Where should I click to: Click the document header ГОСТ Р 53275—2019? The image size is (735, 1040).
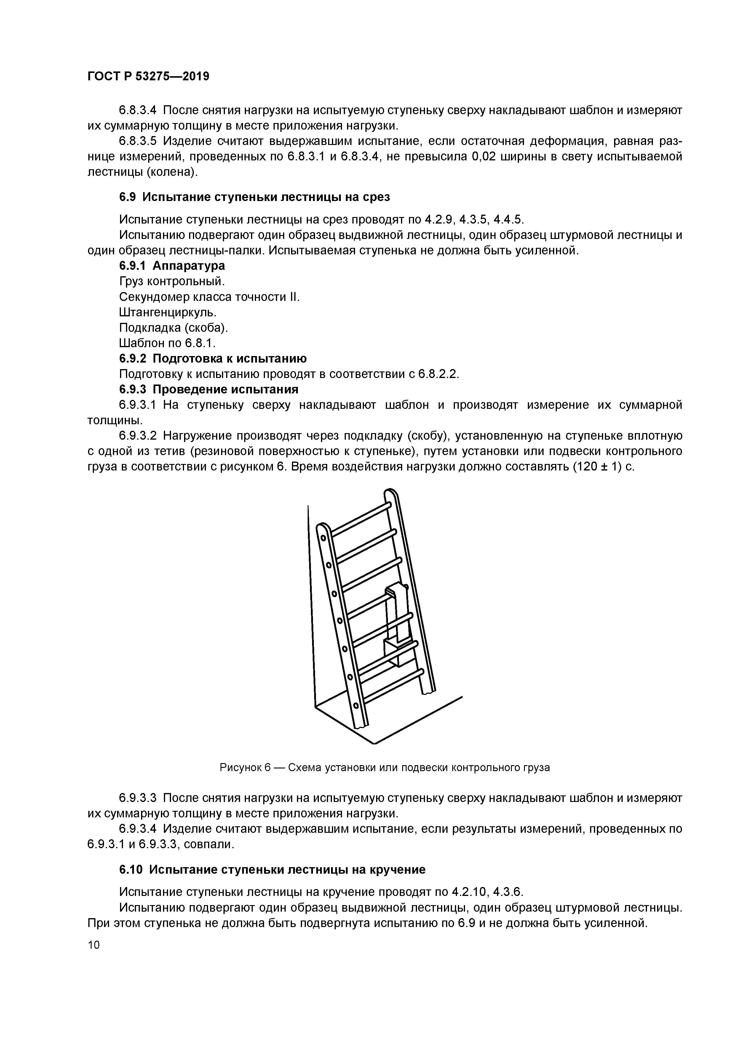148,76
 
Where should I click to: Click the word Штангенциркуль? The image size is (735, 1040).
167,312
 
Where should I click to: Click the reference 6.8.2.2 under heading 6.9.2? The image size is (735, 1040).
438,374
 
